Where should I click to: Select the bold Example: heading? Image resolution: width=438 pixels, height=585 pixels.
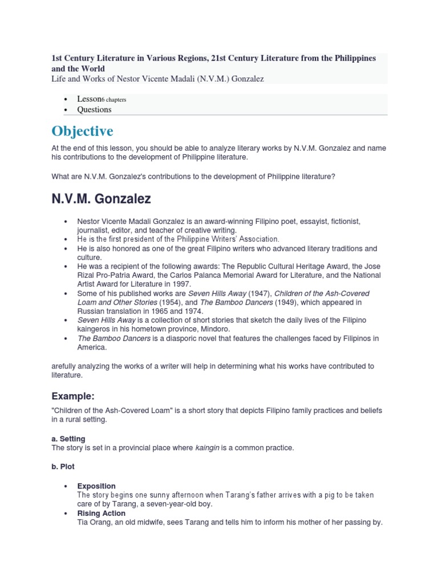[x=72, y=396]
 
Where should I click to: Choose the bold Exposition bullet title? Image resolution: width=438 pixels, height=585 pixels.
[x=96, y=486]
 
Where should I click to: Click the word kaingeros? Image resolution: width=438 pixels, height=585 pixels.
[x=96, y=329]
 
